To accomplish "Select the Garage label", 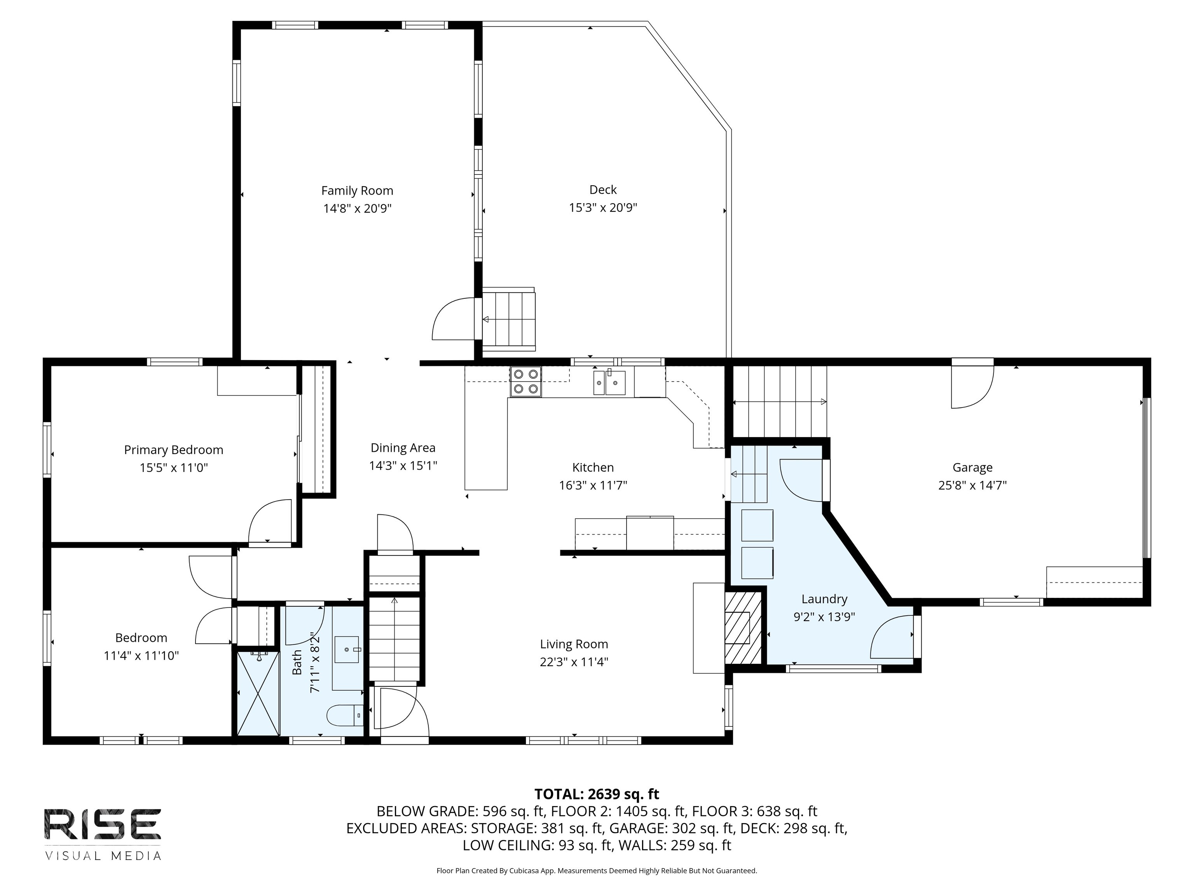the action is point(972,467).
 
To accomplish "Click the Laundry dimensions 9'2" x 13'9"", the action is point(824,616).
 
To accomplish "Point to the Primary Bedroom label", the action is point(173,449).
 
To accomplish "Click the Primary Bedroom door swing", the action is point(270,520).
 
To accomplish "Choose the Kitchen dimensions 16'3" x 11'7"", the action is point(593,485).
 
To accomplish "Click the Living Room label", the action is point(574,644).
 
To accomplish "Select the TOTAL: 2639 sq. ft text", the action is point(597,794).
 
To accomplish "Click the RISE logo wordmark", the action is point(103,824).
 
